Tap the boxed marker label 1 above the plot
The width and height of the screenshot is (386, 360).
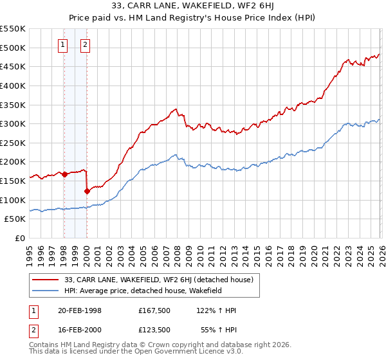pos(63,45)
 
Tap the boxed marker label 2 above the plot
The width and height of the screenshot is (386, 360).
pos(86,45)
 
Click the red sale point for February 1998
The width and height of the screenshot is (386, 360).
pos(64,174)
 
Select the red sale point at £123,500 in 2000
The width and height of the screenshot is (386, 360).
pos(87,191)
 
